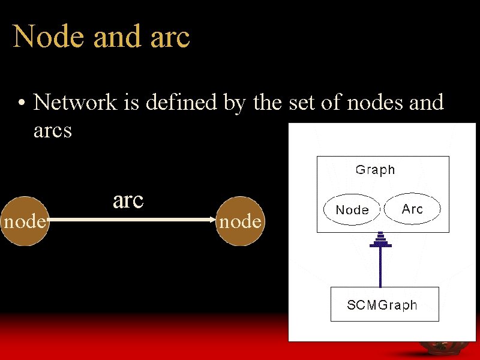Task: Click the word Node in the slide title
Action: point(48,37)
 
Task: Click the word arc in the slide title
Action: point(171,38)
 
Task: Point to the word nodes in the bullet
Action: point(378,103)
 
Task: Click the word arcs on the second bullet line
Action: point(53,130)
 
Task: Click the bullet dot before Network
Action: point(21,104)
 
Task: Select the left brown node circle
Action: point(24,221)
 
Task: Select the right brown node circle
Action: point(240,221)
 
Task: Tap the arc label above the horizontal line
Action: point(128,200)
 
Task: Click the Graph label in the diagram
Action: point(375,170)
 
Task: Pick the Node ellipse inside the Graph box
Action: point(352,210)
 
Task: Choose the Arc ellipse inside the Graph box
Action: point(412,209)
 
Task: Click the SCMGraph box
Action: point(385,304)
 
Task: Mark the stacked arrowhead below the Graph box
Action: point(380,241)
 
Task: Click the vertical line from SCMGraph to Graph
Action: point(380,267)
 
